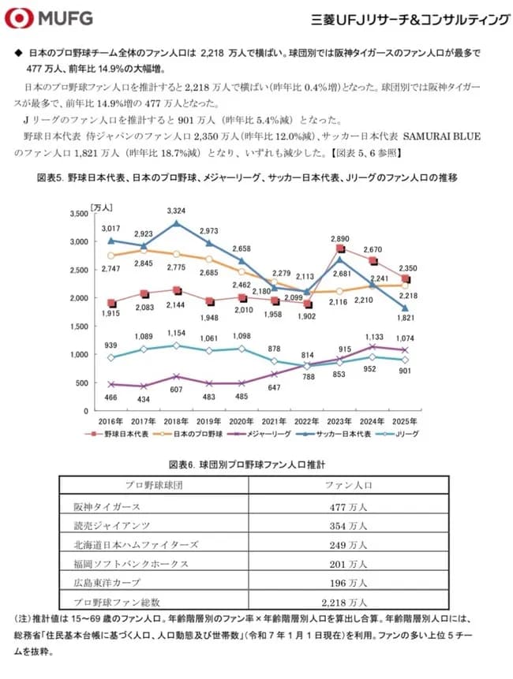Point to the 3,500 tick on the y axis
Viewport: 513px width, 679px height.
point(78,214)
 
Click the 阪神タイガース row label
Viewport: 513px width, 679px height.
point(107,506)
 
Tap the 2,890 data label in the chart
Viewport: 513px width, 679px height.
point(339,237)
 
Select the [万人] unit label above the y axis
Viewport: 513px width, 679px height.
point(102,207)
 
